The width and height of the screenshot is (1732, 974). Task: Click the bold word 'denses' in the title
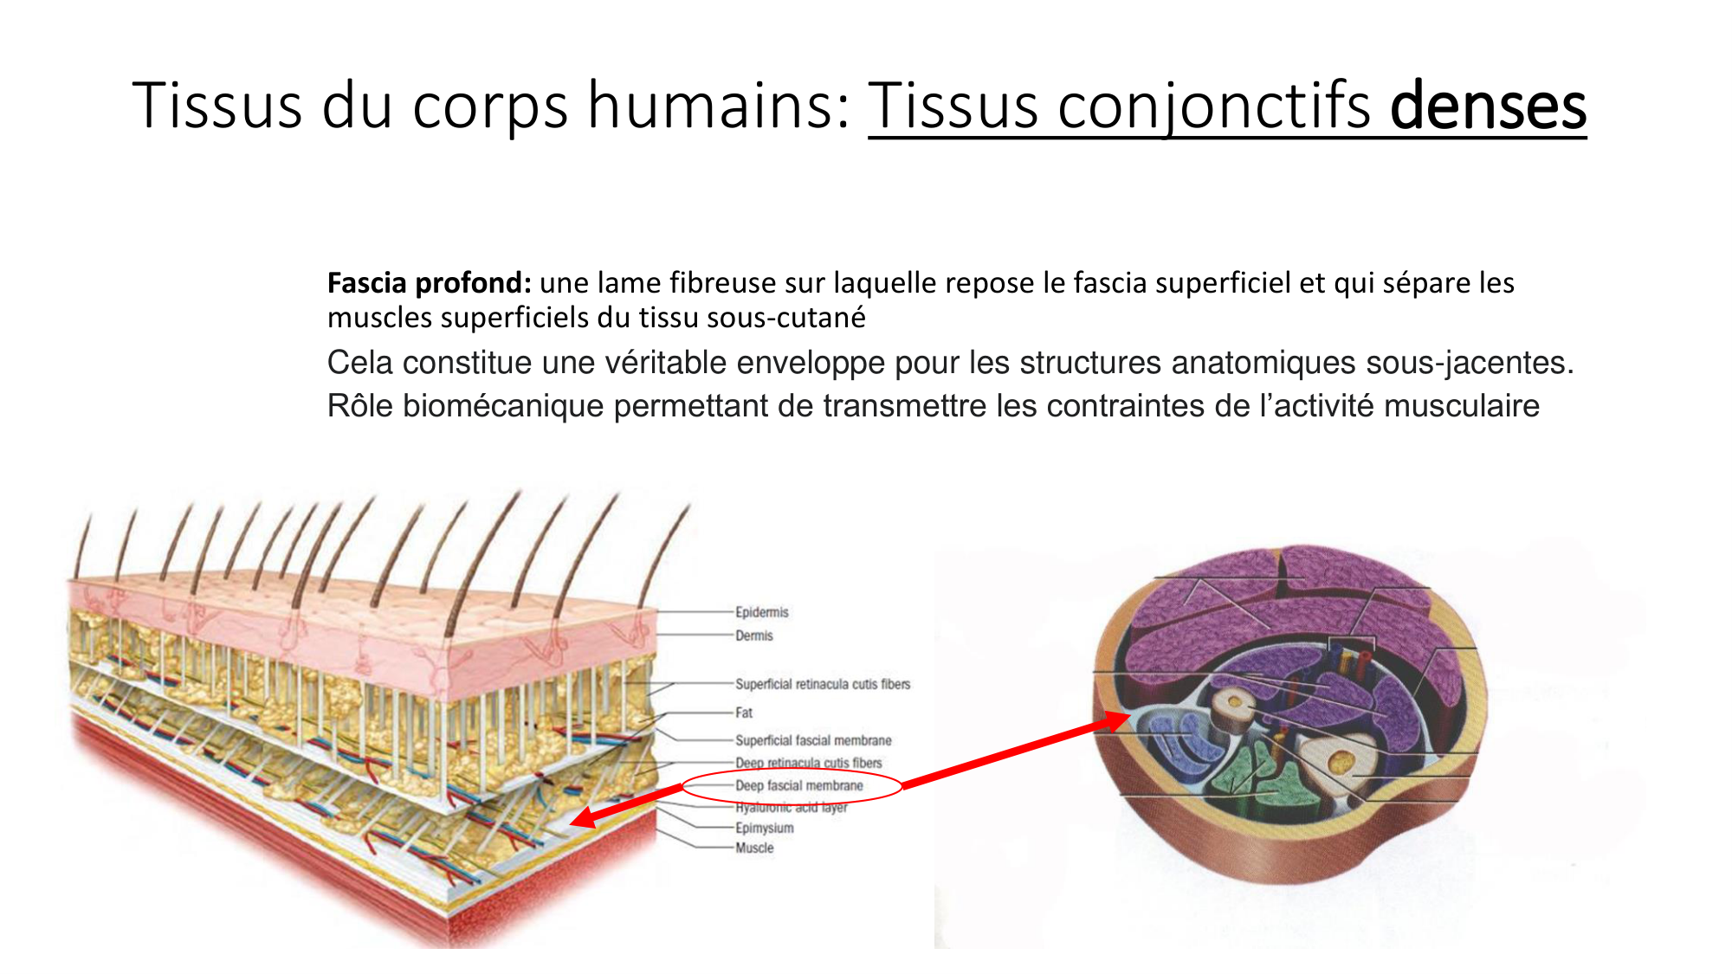pos(1488,106)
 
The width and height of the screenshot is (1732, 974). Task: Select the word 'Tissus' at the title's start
pos(217,106)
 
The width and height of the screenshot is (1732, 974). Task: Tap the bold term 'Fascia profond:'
pos(429,283)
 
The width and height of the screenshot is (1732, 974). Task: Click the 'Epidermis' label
pos(762,612)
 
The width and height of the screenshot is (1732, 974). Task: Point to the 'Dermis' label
pos(753,635)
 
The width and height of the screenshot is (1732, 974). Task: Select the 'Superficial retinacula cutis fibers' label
pos(823,684)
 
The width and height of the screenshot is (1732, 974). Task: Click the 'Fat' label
pos(744,713)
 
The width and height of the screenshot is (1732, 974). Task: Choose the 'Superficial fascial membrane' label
pos(813,740)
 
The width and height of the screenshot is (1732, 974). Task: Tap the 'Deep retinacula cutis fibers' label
pos(809,763)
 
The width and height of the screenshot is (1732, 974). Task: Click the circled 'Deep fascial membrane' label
pos(798,785)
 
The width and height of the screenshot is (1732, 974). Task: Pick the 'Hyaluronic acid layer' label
pos(792,807)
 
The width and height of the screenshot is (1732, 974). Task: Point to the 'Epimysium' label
pos(764,828)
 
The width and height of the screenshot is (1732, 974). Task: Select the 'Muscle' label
pos(754,848)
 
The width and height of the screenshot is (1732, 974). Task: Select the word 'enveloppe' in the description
pos(811,362)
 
